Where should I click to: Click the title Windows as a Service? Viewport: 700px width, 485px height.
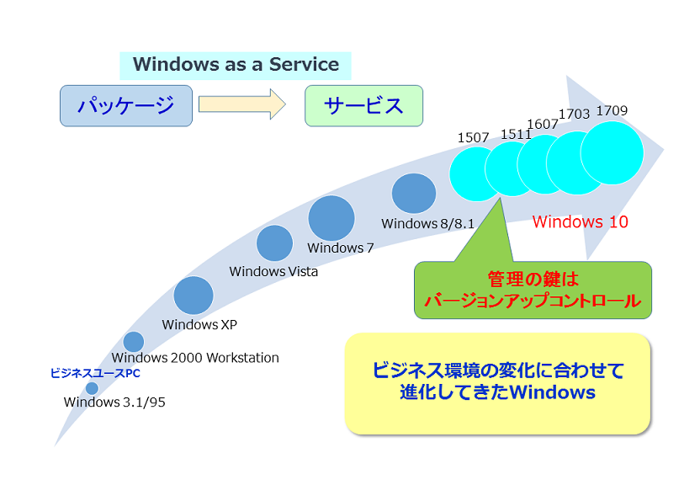(236, 64)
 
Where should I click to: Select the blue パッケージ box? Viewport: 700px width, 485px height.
(126, 106)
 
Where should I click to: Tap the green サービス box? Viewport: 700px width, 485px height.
(363, 106)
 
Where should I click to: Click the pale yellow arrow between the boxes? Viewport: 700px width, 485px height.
(242, 104)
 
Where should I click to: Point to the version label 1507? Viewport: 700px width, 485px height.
(473, 137)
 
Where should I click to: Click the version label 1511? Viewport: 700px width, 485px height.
(516, 134)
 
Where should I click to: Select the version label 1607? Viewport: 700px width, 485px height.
(543, 124)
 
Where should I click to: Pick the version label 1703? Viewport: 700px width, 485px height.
(575, 114)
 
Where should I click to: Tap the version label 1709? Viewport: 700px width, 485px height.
(612, 110)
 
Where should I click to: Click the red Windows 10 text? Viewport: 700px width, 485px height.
(581, 221)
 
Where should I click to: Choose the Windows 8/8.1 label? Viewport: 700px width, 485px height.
(427, 223)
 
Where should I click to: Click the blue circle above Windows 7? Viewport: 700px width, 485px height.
(331, 218)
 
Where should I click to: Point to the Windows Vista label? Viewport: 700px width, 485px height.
(273, 271)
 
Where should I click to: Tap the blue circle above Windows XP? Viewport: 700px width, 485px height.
(194, 296)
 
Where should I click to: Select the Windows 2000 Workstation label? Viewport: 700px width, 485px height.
(195, 357)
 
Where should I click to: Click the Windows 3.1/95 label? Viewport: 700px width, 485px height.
(114, 402)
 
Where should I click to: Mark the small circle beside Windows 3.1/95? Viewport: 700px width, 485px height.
(92, 388)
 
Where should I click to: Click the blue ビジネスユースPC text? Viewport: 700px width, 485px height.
(95, 373)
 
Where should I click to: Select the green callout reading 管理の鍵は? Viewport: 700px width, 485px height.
(533, 290)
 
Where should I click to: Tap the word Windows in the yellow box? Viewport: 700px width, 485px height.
(552, 392)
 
